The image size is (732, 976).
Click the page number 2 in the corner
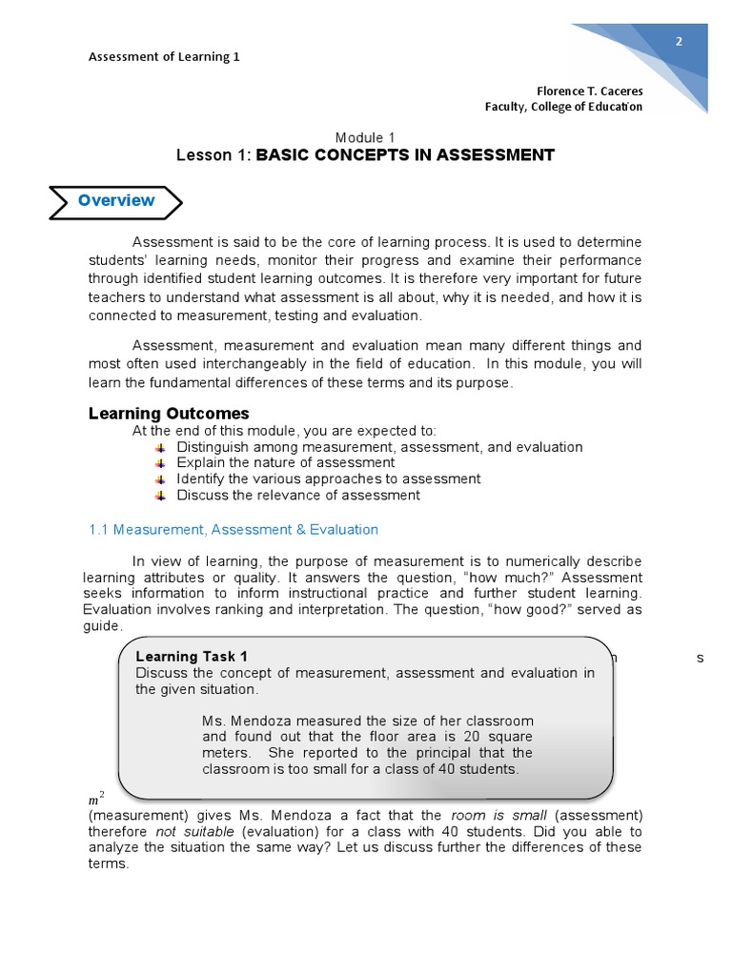pos(679,42)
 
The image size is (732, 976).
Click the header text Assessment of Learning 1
pos(164,56)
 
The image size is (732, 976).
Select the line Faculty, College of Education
pos(563,107)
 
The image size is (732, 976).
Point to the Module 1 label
pos(365,137)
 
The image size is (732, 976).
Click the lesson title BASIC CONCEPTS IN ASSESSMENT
pos(405,155)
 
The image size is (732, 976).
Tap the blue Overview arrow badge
pos(115,201)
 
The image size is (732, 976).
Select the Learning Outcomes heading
pos(169,414)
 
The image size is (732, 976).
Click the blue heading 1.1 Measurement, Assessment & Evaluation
pos(234,530)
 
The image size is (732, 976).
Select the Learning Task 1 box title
pos(192,657)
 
